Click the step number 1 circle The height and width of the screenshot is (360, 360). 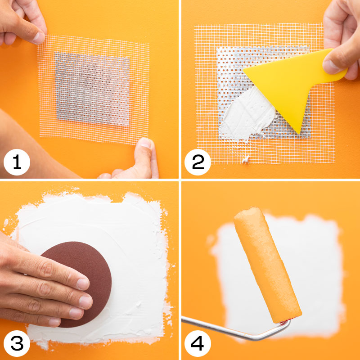[x=17, y=162]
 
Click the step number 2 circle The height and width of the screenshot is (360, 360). [x=198, y=162]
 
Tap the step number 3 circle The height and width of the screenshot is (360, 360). [x=17, y=343]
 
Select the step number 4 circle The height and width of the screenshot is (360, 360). [x=198, y=343]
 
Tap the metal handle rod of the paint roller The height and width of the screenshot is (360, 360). [x=237, y=331]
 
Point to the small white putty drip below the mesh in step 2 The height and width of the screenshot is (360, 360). [x=246, y=159]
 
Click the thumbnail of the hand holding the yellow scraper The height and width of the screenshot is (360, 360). [x=330, y=67]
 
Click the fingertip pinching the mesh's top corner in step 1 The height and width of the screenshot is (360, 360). [x=38, y=36]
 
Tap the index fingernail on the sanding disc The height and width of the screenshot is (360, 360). [x=83, y=284]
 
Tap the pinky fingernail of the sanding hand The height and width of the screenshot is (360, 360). [x=54, y=322]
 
